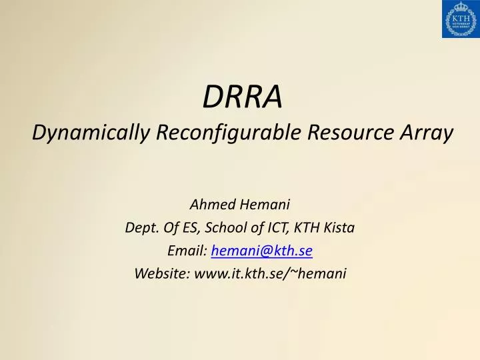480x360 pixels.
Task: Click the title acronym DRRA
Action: point(242,97)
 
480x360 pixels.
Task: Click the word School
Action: point(226,227)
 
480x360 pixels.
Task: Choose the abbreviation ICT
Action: point(271,227)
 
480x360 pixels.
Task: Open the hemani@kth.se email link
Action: point(262,251)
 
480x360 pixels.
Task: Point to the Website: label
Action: point(162,273)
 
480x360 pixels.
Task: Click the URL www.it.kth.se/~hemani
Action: point(271,273)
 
